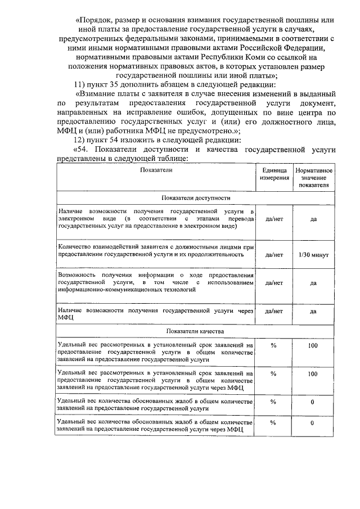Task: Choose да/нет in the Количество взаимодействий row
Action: (273, 255)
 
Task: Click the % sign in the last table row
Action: (273, 422)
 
